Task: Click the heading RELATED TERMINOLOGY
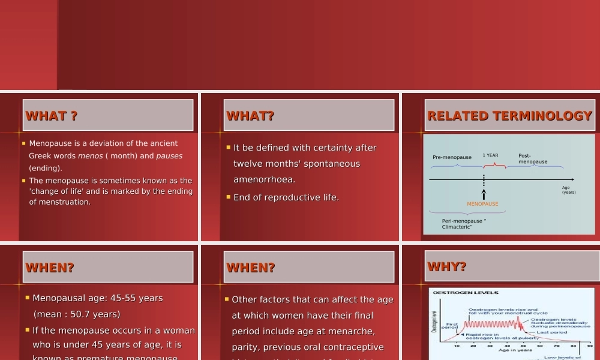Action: tap(509, 116)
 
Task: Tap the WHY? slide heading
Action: tap(447, 267)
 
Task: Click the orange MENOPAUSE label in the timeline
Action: tap(482, 204)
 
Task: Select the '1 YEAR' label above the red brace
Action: tap(490, 155)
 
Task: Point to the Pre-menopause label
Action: tap(452, 158)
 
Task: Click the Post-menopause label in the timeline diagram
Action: tap(532, 158)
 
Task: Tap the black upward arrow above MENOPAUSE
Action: tap(484, 194)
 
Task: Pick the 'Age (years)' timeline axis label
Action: tap(568, 190)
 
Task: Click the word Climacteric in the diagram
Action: tap(457, 227)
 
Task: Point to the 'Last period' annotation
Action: tap(551, 332)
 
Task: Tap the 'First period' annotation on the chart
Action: tap(449, 326)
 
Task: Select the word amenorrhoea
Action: tap(264, 179)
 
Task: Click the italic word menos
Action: tap(90, 156)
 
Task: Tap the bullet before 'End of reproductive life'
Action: tap(228, 197)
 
